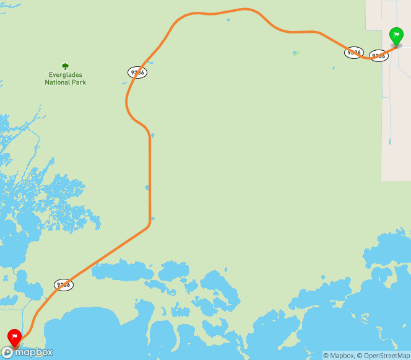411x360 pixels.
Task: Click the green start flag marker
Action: point(396,35)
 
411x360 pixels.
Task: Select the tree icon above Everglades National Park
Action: point(65,66)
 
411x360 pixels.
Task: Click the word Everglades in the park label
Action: point(65,75)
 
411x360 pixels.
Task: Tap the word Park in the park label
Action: point(79,82)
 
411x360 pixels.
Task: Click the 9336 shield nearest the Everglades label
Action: point(137,72)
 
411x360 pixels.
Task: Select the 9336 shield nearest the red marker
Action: point(64,285)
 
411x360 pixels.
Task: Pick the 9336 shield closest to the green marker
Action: point(378,56)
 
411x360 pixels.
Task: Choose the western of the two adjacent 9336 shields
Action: point(353,53)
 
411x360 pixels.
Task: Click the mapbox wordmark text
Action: point(35,352)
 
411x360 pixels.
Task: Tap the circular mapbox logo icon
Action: point(7,352)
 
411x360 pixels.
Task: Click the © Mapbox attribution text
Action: point(338,356)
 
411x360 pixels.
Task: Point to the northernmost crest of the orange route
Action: point(246,9)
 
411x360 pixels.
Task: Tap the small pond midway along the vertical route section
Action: point(147,188)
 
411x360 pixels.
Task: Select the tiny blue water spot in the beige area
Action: point(390,142)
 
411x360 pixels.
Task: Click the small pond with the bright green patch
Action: point(295,53)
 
